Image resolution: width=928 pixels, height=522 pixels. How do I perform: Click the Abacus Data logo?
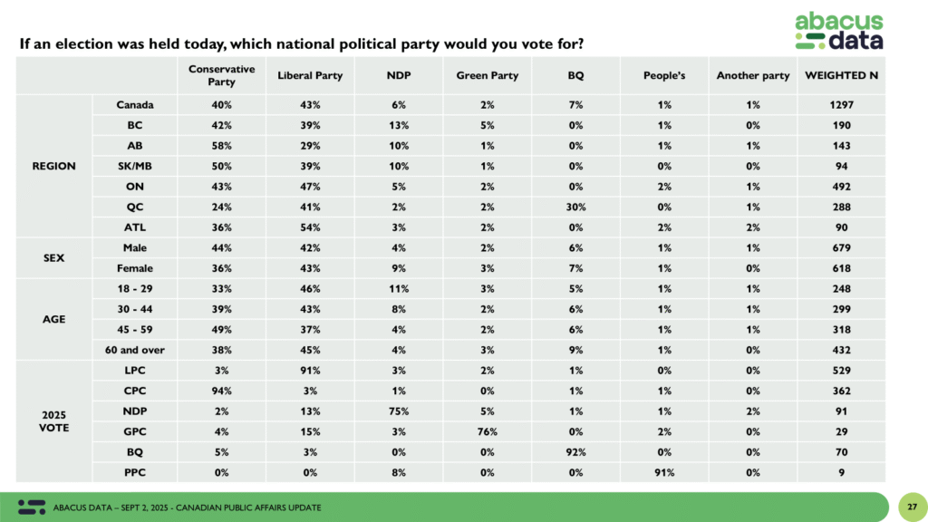838,31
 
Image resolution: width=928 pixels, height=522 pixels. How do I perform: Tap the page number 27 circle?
912,507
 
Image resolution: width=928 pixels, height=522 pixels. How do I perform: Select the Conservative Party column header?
221,75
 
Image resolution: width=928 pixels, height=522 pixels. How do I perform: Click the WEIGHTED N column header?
841,75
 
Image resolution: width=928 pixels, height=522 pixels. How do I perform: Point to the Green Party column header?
487,75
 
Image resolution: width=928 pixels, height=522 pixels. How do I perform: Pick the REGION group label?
53,166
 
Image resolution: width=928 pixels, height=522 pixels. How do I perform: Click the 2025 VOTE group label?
53,420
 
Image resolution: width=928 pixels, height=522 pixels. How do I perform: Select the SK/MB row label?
135,166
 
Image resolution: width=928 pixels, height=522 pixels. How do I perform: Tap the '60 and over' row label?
135,350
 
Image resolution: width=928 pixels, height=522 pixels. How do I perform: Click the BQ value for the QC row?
575,207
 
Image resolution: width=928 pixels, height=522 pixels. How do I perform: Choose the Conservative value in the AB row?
221,146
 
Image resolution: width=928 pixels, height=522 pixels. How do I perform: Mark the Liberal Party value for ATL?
310,227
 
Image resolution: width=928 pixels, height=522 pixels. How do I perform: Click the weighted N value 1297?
841,105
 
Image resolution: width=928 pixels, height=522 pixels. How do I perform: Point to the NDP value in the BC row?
399,125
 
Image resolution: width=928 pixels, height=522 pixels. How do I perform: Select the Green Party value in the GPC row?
487,431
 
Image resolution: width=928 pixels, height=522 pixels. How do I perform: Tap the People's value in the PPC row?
664,472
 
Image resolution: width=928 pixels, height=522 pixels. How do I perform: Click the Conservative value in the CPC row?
221,391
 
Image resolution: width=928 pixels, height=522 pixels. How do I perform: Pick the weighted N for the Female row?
841,268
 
